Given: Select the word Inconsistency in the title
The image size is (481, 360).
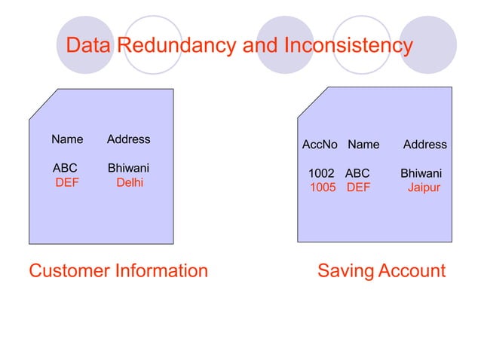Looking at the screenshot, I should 348,46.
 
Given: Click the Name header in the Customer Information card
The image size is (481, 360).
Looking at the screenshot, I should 67,139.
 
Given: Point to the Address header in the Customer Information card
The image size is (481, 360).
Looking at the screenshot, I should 128,139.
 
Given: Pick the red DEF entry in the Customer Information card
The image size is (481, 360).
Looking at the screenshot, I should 67,182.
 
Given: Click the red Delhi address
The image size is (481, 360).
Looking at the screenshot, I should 130,182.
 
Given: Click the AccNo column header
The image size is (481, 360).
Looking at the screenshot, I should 320,145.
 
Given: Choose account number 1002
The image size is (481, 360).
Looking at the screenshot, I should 322,173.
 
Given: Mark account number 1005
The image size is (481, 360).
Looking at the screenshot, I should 323,188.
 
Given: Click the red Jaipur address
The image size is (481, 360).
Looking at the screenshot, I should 424,188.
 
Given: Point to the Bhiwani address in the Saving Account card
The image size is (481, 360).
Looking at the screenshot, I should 421,173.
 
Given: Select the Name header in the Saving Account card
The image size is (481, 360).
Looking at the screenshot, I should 363,145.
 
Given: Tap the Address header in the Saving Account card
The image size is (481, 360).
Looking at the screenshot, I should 425,145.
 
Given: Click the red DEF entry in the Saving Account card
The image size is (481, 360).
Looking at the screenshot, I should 359,188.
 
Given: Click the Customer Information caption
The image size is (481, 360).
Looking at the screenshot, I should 118,270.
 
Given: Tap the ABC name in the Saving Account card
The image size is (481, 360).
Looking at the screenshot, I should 357,173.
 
